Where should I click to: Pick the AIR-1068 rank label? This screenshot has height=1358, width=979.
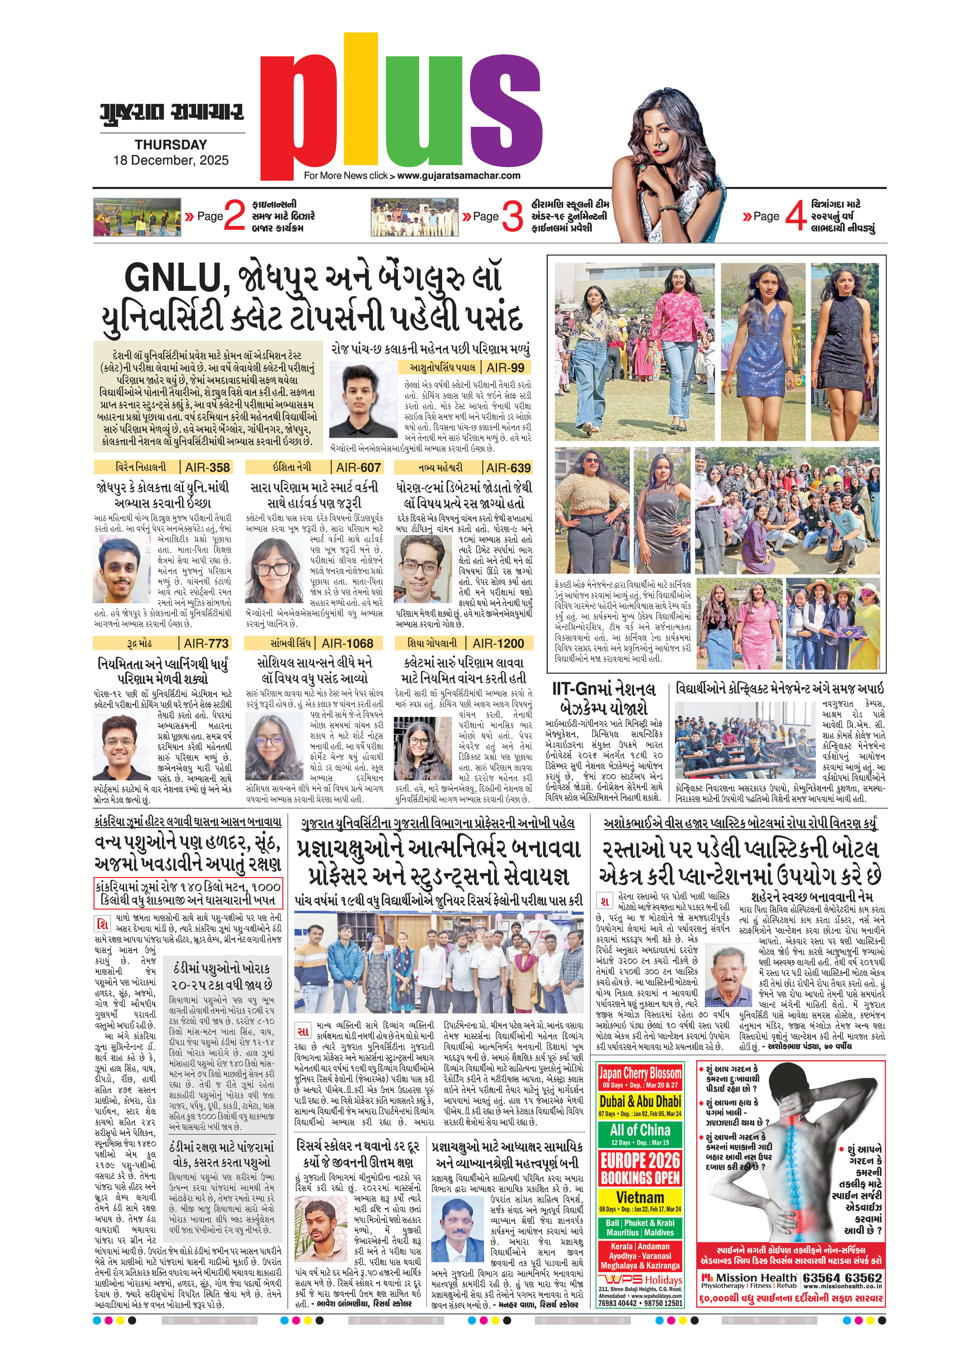click(x=347, y=643)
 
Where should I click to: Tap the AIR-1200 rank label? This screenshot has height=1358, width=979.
click(x=498, y=643)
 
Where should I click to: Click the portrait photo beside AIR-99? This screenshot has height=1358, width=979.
click(x=364, y=401)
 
